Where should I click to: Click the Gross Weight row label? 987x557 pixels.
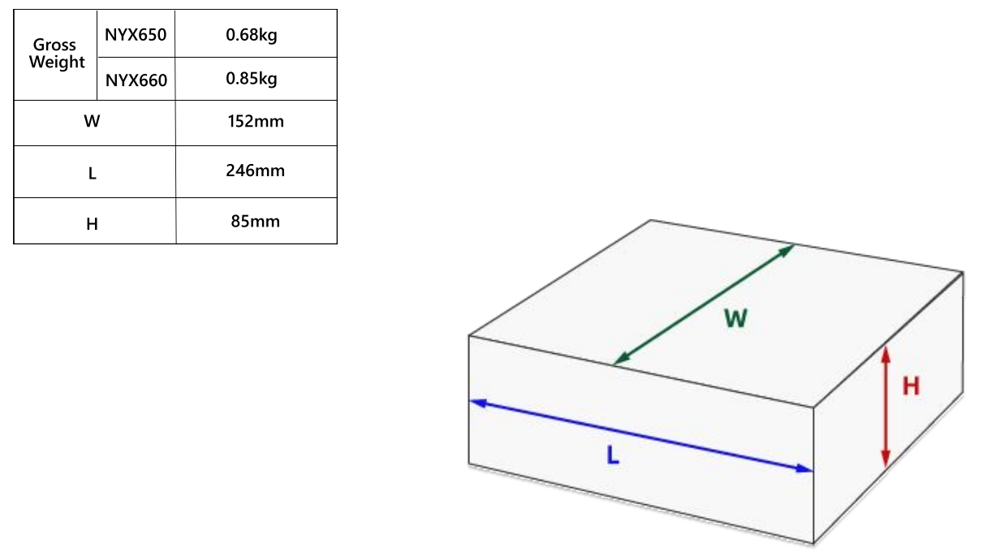point(57,54)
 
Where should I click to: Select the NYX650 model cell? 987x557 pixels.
point(136,35)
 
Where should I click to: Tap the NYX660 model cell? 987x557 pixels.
point(136,80)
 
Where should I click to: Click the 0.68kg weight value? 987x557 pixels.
point(252,35)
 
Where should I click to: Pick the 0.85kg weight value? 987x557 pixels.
point(252,79)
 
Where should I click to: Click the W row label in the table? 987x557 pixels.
point(92,121)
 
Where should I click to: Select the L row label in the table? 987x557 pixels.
point(92,173)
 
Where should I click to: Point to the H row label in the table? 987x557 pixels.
point(92,224)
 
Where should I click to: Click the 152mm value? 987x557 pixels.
point(256,121)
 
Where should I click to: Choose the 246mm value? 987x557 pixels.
point(256,171)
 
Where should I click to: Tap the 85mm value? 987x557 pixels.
point(256,221)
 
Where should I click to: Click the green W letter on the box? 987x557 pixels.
point(735,318)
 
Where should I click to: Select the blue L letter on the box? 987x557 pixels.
point(613,456)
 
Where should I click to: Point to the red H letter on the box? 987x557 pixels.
point(911,386)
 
